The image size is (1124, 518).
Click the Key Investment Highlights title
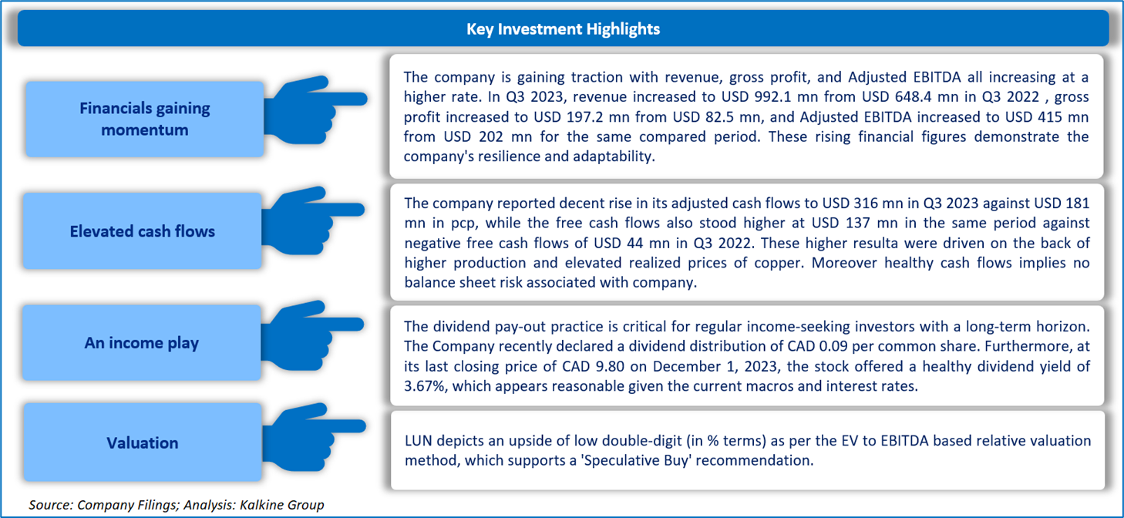coord(563,29)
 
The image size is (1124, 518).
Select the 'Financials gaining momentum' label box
coord(144,119)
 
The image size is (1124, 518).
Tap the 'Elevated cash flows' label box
coord(142,231)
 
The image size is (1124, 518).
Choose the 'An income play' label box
coord(142,343)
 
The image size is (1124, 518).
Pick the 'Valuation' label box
coord(143,442)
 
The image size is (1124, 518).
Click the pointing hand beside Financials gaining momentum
coord(315,109)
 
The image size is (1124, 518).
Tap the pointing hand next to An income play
coord(312,335)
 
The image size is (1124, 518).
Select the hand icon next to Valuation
coord(314,437)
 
